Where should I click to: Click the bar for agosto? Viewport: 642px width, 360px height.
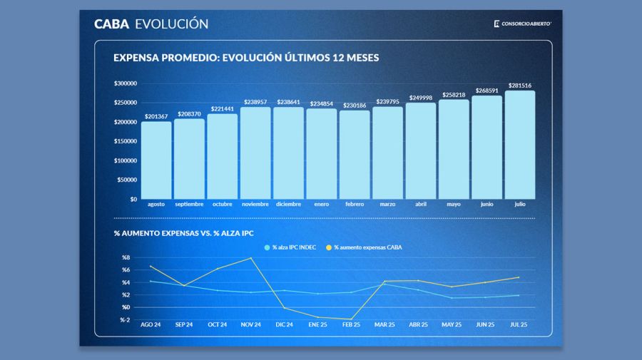tap(156, 160)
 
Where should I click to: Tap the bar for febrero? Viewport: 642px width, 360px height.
tap(355, 155)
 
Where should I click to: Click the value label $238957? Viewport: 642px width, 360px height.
tap(255, 102)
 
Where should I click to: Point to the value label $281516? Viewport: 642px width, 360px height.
tap(520, 86)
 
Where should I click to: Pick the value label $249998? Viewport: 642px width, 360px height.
tap(421, 98)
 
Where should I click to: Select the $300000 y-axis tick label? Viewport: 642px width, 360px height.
tap(126, 83)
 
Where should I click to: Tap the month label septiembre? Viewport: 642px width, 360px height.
tap(189, 204)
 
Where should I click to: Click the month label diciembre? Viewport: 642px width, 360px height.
tap(288, 204)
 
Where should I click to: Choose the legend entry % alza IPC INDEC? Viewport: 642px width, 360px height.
tap(290, 247)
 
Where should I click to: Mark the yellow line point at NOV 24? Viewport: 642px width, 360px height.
tap(251, 258)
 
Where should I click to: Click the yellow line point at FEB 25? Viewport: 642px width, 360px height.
tap(351, 319)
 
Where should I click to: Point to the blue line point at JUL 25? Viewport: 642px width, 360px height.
tap(518, 295)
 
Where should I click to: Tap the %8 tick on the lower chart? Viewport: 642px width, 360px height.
tap(126, 257)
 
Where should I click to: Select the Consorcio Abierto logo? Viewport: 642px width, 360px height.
tap(522, 24)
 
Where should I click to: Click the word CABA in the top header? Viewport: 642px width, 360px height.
tap(111, 24)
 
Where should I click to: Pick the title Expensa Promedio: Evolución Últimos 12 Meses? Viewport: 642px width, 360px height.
tap(246, 58)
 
